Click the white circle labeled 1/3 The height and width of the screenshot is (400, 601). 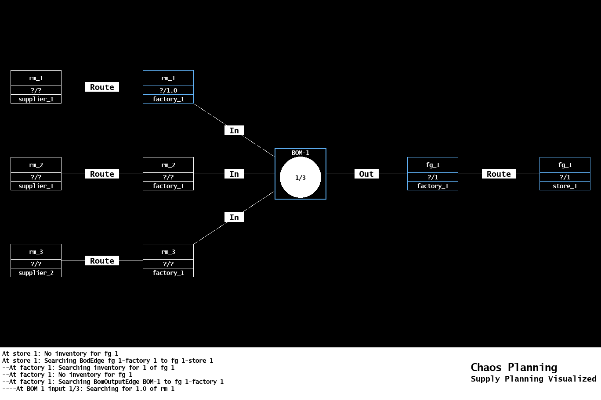(x=300, y=177)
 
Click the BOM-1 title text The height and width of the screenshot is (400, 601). (x=300, y=153)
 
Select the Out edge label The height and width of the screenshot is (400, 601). (x=366, y=174)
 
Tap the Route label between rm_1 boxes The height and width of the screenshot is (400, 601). (x=102, y=87)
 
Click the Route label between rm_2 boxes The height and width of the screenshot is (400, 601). (x=102, y=174)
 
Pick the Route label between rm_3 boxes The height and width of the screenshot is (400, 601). (x=102, y=261)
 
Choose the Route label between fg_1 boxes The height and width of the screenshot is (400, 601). (x=499, y=174)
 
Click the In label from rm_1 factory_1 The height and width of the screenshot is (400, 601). (x=234, y=131)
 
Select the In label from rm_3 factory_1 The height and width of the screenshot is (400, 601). (x=234, y=218)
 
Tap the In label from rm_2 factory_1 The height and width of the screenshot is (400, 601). (x=234, y=174)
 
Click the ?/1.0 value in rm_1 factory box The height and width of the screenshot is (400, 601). (x=168, y=90)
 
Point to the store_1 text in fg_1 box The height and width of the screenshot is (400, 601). (x=565, y=186)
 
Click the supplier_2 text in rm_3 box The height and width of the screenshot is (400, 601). (x=36, y=273)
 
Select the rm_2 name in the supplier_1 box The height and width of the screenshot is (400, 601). (x=36, y=165)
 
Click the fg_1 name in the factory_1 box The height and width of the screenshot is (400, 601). (x=433, y=165)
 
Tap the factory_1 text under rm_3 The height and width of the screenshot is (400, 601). (x=168, y=273)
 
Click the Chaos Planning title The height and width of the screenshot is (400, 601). (x=514, y=368)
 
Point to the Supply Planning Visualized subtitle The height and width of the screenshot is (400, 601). (x=533, y=379)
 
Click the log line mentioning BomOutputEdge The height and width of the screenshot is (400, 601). (x=113, y=382)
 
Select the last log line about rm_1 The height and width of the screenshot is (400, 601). (x=88, y=389)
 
